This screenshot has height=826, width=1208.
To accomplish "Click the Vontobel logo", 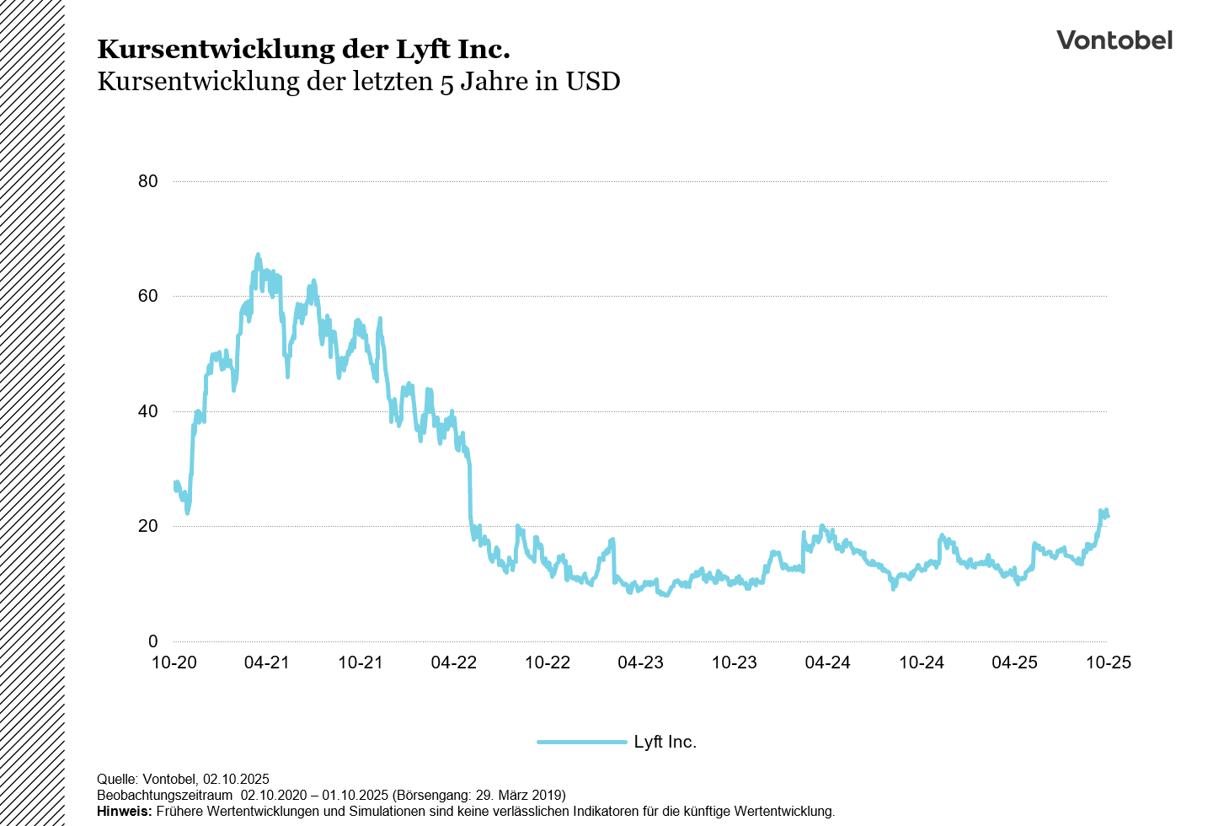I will pos(1114,40).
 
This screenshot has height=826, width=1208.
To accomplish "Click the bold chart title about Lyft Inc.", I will pos(303,50).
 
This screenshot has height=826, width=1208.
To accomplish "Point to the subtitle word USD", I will pos(593,82).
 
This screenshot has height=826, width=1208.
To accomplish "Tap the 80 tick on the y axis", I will pos(147,181).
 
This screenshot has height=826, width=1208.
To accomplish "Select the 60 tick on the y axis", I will pos(147,296).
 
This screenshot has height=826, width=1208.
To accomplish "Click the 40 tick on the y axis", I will pos(147,411).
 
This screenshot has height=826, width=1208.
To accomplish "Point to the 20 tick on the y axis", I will pos(147,526).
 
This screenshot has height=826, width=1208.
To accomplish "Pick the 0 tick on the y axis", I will pos(152,641).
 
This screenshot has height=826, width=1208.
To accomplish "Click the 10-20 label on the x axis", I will pos(174,662).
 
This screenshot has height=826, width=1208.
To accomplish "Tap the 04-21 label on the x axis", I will pos(267,662).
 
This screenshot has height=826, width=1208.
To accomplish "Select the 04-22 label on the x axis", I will pos(454,662).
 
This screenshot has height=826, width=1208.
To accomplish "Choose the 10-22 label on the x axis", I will pos(548,662).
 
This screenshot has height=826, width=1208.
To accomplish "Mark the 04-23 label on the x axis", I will pos(640,662).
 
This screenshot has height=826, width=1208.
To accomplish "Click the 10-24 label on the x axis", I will pos(921,662).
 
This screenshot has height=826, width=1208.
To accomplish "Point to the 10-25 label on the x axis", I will pos(1108,662).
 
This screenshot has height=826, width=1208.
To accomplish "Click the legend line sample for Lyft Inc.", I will pos(582,742).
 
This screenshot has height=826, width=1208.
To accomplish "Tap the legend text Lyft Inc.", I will pos(665,742).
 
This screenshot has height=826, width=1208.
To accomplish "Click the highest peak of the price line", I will pos(258,255).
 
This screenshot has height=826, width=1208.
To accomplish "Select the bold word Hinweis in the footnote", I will pos(124,812).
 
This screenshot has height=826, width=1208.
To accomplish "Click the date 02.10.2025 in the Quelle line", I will pos(236,779).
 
